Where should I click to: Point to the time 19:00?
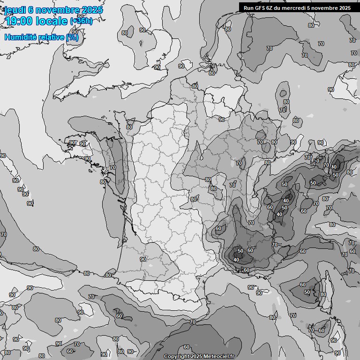click(x=18, y=21)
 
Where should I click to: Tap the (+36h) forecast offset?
click(x=81, y=22)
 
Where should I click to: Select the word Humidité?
click(x=21, y=37)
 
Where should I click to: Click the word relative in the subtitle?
click(x=52, y=37)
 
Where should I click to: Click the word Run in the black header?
click(x=248, y=8)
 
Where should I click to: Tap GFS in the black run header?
click(x=260, y=8)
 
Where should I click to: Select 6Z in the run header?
click(x=271, y=8)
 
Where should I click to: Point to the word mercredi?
click(x=298, y=8)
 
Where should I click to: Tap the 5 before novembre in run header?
click(x=313, y=8)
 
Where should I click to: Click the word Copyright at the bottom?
click(x=177, y=357)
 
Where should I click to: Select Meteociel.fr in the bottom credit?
click(x=218, y=357)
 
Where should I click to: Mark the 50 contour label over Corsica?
click(x=307, y=292)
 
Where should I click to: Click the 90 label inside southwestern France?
click(x=143, y=259)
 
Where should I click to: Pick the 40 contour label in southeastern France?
click(x=236, y=260)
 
